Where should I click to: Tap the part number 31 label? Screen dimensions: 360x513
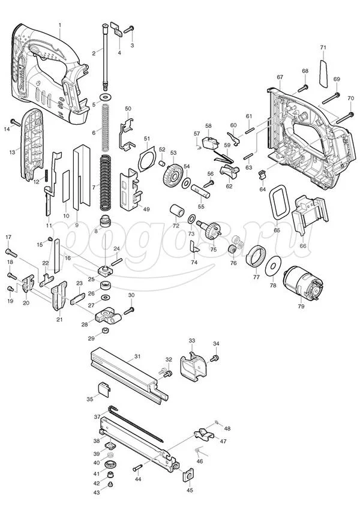click(137, 356)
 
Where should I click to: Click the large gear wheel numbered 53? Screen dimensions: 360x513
click(172, 175)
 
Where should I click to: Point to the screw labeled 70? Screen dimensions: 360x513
click(345, 118)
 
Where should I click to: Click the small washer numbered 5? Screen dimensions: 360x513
click(106, 97)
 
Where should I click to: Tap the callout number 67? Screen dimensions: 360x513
click(280, 77)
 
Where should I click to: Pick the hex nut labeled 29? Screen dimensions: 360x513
click(105, 330)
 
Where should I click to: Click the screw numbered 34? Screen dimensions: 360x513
click(214, 358)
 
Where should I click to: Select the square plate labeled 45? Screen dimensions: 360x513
click(188, 475)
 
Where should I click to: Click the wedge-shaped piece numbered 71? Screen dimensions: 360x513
click(323, 74)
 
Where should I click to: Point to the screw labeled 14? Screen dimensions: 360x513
click(16, 122)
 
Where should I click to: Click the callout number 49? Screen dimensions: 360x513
click(146, 209)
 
